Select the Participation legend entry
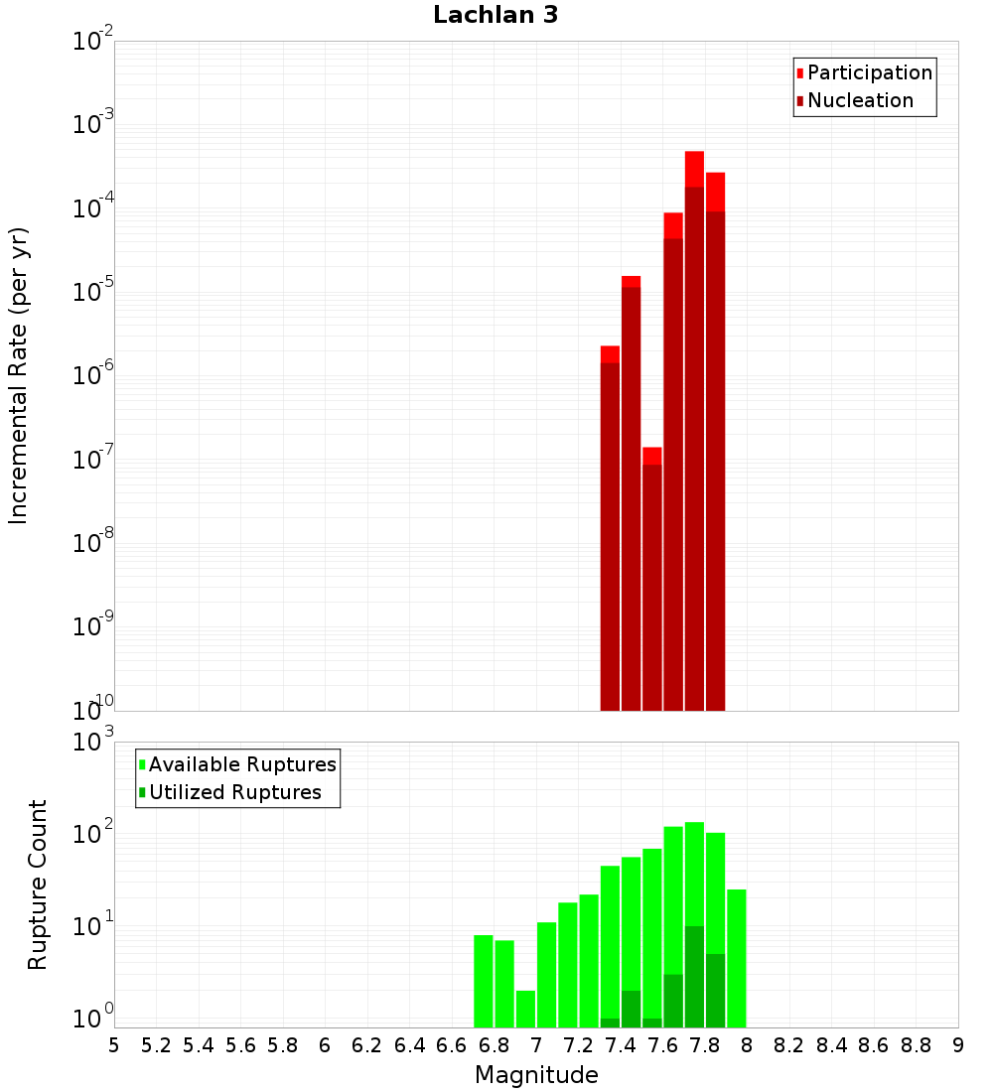click(869, 72)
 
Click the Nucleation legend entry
click(859, 100)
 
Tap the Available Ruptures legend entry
click(241, 764)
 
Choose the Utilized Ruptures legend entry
click(233, 792)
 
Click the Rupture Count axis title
click(38, 884)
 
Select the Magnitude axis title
click(536, 1075)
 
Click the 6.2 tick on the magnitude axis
click(367, 1045)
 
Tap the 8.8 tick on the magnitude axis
click(917, 1045)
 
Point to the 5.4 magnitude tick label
click(199, 1045)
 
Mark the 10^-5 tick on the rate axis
click(91, 293)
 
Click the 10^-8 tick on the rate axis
click(91, 544)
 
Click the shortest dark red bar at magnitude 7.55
click(652, 586)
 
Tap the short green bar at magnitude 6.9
click(525, 1008)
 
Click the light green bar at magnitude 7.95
click(737, 958)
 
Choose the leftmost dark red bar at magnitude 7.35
click(610, 536)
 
